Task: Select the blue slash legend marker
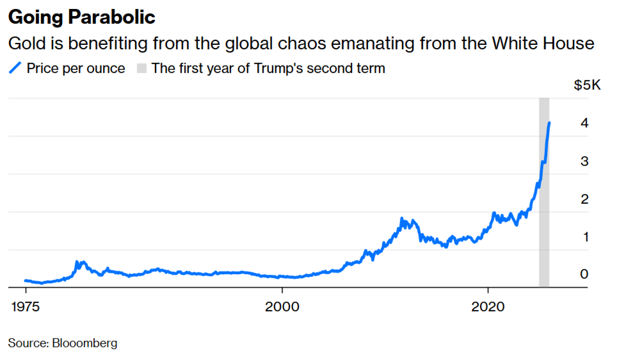[15, 68]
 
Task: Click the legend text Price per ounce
[76, 68]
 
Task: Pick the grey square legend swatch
[142, 68]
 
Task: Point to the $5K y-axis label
[587, 85]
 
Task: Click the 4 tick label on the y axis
[584, 123]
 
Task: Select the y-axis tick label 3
[584, 161]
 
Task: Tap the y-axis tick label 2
[584, 199]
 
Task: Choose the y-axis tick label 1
[586, 237]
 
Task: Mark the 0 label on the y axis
[584, 274]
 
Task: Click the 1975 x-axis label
[25, 307]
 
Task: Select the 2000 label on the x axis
[282, 307]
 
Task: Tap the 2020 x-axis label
[488, 307]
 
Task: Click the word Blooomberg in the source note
[85, 343]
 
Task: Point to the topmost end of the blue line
[549, 123]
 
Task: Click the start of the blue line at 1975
[26, 280]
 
